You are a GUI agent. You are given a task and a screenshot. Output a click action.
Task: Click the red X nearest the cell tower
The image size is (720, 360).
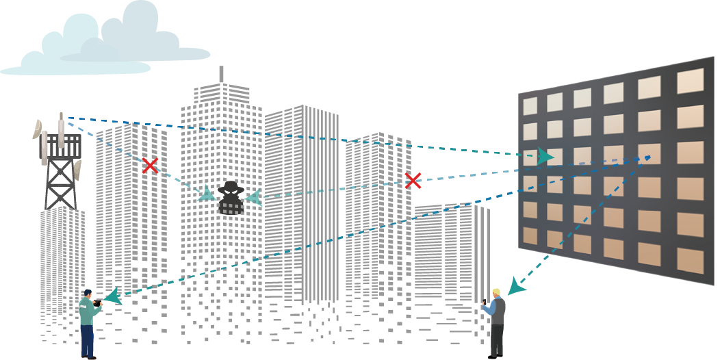[150, 165]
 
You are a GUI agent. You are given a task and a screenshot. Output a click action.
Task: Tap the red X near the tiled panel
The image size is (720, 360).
[412, 181]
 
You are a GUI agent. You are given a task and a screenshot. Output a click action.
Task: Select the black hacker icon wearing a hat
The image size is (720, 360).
[231, 197]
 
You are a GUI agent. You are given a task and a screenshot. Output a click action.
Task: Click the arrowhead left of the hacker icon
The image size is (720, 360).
[206, 194]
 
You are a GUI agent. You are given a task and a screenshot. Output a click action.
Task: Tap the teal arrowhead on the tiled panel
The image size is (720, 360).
[545, 156]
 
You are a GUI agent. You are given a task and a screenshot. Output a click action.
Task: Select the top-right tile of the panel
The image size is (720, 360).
[690, 81]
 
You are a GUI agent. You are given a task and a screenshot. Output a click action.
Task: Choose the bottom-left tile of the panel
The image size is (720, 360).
[530, 235]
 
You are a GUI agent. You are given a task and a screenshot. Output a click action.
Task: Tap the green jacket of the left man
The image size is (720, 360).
[87, 311]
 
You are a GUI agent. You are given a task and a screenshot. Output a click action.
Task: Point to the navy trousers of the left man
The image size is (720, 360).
[87, 340]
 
